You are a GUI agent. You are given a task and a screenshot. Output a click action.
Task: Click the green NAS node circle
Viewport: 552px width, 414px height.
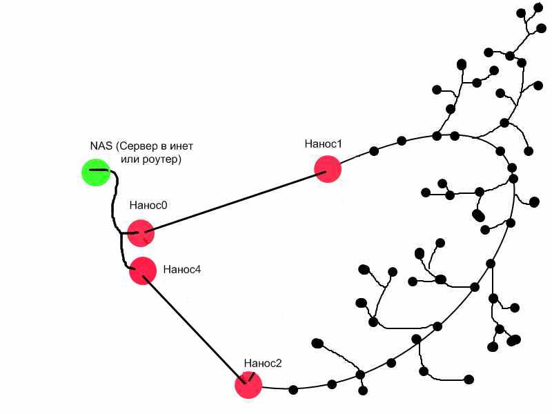pos(95,172)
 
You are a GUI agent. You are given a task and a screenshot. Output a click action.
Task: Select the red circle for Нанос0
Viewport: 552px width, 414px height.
pos(140,233)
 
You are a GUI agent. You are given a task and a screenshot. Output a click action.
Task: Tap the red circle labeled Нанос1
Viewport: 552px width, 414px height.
pos(328,168)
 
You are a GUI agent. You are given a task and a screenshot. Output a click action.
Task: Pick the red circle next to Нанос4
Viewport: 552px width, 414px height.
pos(143,270)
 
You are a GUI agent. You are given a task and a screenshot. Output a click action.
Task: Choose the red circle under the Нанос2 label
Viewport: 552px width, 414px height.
pos(248,385)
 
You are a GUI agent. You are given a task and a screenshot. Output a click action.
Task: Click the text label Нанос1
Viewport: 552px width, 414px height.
pos(323,144)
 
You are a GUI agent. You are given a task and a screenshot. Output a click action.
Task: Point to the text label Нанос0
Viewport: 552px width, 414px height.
pos(148,205)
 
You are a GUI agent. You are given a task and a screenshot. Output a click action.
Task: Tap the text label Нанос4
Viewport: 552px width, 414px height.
pos(182,269)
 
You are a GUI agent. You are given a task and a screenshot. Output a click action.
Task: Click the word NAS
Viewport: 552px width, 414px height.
pos(101,146)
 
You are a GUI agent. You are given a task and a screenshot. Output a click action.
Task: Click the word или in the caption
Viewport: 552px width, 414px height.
pos(131,159)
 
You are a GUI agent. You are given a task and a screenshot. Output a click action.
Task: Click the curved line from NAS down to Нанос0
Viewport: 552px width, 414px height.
pos(112,207)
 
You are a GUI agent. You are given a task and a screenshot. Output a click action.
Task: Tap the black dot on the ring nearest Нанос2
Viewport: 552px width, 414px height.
pos(293,390)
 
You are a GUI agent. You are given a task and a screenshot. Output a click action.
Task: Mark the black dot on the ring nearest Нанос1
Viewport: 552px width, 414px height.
pos(373,151)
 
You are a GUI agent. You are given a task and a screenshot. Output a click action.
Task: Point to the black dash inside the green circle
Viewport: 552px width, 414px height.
pos(99,169)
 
